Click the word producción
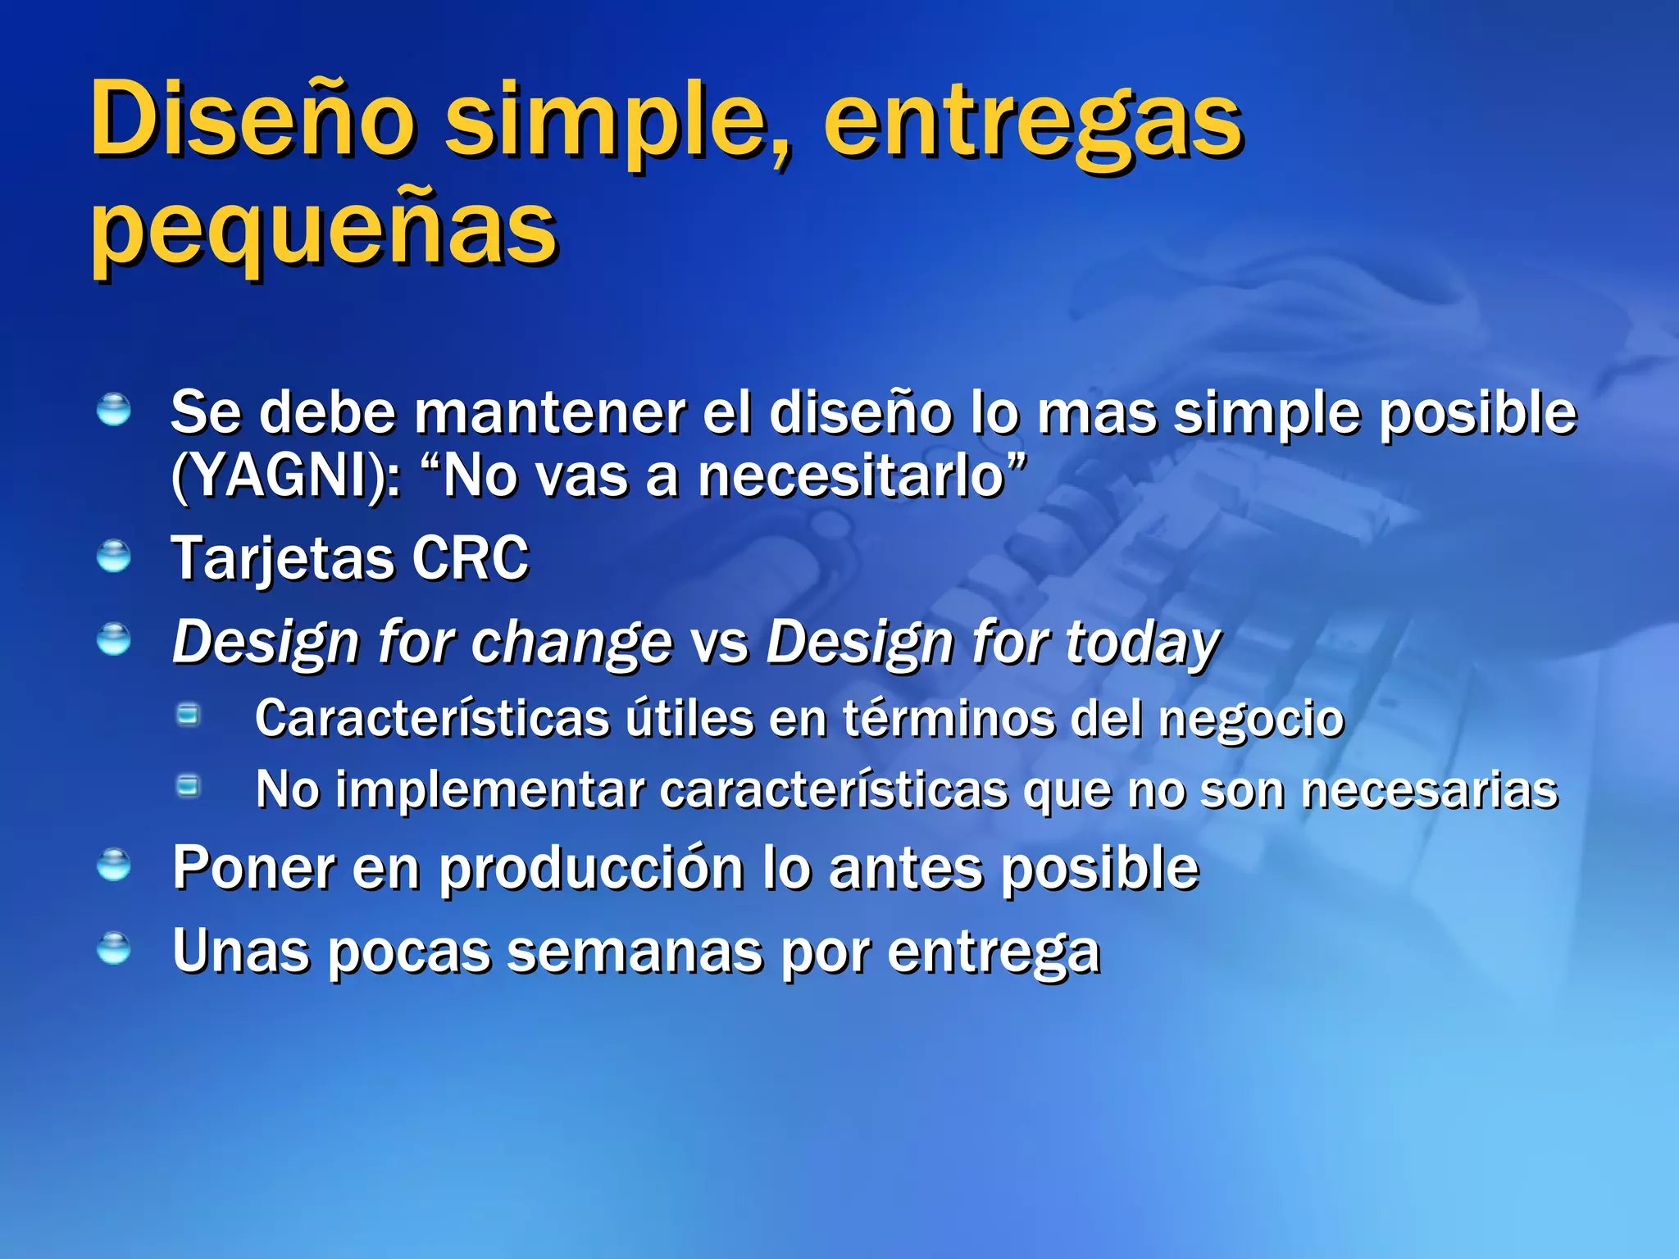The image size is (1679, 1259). coord(591,868)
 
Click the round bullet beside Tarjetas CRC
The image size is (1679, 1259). coord(113,557)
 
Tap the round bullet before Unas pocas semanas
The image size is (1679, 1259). coord(113,948)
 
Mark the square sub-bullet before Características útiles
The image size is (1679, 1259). coord(189,715)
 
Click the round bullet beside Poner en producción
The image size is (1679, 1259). coord(113,865)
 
